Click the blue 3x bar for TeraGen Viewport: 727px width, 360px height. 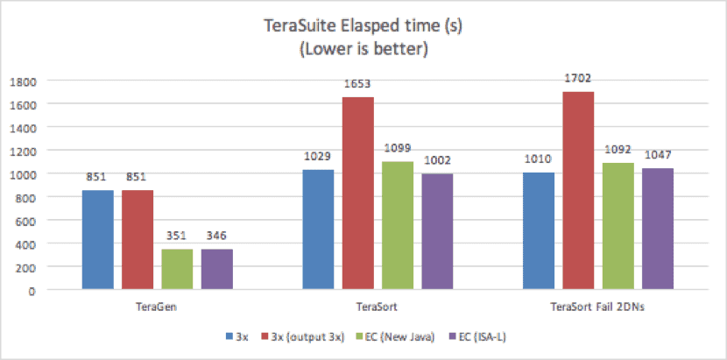pos(98,240)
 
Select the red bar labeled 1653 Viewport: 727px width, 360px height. pos(357,194)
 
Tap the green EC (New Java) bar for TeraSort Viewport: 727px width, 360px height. pos(397,225)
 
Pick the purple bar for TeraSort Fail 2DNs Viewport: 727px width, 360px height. pos(656,229)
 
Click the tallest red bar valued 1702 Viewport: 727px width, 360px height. pos(578,191)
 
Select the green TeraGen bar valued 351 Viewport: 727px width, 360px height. pos(177,269)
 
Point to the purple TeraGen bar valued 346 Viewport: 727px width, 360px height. pos(216,269)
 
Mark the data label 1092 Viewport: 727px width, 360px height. pos(617,148)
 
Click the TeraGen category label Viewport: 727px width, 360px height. pos(158,307)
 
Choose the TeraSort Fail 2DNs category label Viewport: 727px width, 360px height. pos(597,307)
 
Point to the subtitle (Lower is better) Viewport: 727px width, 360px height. pos(363,49)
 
